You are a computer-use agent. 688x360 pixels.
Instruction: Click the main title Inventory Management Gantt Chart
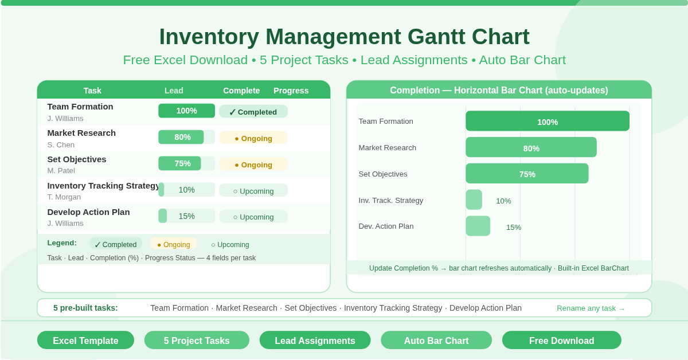344,37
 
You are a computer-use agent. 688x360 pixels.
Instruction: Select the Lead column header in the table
174,91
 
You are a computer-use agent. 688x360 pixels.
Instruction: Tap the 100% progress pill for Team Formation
186,111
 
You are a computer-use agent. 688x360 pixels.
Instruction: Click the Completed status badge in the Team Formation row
253,112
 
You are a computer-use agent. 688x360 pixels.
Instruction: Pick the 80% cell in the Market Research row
182,137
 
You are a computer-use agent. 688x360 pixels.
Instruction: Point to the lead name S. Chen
61,144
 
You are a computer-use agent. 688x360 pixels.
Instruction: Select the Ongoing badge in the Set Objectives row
253,165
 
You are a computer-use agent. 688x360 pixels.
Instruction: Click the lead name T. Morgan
64,197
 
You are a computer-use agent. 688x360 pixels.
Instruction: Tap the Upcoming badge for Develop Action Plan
253,217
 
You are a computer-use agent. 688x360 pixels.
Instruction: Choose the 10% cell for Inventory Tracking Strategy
186,190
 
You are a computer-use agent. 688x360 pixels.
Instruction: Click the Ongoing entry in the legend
173,244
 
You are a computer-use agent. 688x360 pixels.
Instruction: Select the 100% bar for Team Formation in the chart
547,122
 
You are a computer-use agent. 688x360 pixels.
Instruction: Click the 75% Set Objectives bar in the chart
526,174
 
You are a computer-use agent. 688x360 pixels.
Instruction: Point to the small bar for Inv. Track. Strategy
474,199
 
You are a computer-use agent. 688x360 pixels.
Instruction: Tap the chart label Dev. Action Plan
386,226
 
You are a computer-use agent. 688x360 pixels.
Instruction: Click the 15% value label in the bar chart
513,227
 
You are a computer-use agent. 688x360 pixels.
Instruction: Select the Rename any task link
591,308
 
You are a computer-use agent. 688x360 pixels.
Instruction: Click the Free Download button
561,341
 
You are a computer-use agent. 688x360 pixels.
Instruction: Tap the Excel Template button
85,341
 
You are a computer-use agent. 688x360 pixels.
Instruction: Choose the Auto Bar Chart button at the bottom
436,341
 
